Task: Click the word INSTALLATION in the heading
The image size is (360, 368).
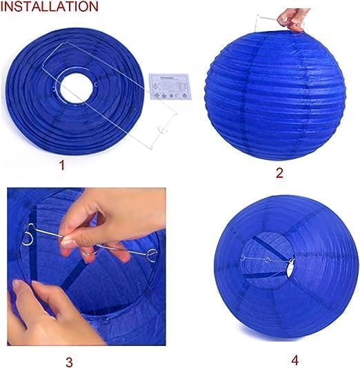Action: click(50, 7)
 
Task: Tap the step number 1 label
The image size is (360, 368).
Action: click(61, 165)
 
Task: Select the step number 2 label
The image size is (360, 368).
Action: click(279, 172)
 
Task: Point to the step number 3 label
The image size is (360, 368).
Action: click(69, 361)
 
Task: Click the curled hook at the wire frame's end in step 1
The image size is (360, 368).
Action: click(164, 131)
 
